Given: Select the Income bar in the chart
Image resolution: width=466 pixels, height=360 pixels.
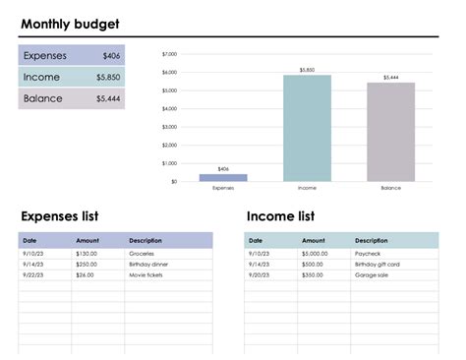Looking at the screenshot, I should (307, 128).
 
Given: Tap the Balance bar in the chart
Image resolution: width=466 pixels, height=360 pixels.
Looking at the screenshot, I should (390, 132).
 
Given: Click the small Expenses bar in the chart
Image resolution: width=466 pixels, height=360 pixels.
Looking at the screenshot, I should (223, 178).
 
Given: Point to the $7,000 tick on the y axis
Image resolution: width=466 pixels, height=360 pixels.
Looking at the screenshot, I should (169, 54).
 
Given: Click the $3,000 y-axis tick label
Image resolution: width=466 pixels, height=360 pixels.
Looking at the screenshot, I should (169, 127).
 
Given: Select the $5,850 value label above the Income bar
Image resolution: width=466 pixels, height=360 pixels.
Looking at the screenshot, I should (307, 70).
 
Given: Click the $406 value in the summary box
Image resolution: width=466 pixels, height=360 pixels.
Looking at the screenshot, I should (111, 56).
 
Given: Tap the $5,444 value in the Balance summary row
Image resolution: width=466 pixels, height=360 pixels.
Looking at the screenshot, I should (108, 98).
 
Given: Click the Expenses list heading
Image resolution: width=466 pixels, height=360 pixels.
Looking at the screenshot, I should (59, 216).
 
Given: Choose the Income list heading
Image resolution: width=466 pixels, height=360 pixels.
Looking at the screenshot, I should (280, 216).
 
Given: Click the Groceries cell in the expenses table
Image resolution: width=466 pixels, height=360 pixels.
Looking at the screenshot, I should (142, 254).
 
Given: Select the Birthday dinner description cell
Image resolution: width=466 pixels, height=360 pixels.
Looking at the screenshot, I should (148, 265).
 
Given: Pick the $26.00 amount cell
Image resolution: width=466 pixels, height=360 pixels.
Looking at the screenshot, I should (85, 275).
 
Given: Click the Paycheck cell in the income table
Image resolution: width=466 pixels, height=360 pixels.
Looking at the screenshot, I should (367, 254).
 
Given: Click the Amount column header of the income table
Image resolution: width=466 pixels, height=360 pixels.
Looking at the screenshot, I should (313, 241).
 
